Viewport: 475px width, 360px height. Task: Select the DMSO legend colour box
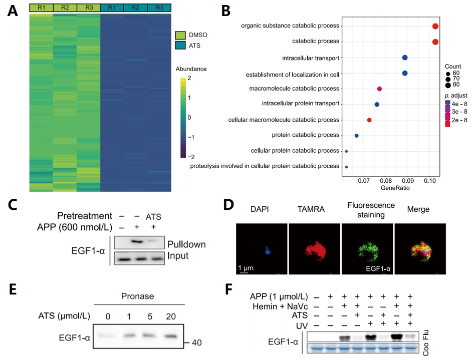tap(180, 35)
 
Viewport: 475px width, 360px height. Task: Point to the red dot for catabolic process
tap(435, 42)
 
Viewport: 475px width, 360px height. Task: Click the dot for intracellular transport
tap(405, 58)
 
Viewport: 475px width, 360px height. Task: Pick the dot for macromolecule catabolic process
tap(379, 89)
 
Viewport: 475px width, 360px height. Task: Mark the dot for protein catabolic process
tap(356, 136)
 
